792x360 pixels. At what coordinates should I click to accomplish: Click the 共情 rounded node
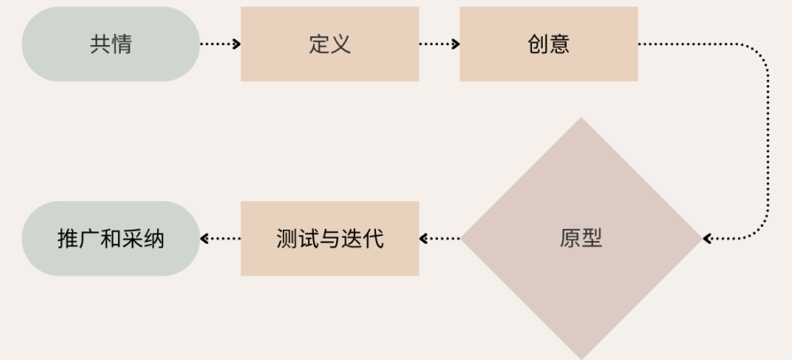111,43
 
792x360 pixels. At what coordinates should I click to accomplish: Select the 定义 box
329,43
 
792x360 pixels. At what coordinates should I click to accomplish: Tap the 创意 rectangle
548,43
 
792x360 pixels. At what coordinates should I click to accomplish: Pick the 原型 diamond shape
581,238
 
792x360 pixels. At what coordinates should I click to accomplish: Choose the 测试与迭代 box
329,238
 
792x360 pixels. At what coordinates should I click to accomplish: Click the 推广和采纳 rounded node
111,238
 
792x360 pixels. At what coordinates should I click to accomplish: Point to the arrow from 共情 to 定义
220,43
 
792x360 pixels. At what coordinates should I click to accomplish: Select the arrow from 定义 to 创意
439,43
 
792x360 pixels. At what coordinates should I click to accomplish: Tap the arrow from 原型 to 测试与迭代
440,238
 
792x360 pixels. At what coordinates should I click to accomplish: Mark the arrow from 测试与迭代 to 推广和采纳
220,238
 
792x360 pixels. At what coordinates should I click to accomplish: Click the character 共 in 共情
100,44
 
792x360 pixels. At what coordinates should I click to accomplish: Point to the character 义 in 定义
341,44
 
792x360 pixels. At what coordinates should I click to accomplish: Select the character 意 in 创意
560,44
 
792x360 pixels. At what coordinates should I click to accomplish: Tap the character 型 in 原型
592,239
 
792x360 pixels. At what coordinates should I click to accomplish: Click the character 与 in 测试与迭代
329,239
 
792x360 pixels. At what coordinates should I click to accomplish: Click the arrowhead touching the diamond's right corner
708,238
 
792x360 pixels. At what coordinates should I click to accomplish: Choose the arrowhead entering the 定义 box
236,43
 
